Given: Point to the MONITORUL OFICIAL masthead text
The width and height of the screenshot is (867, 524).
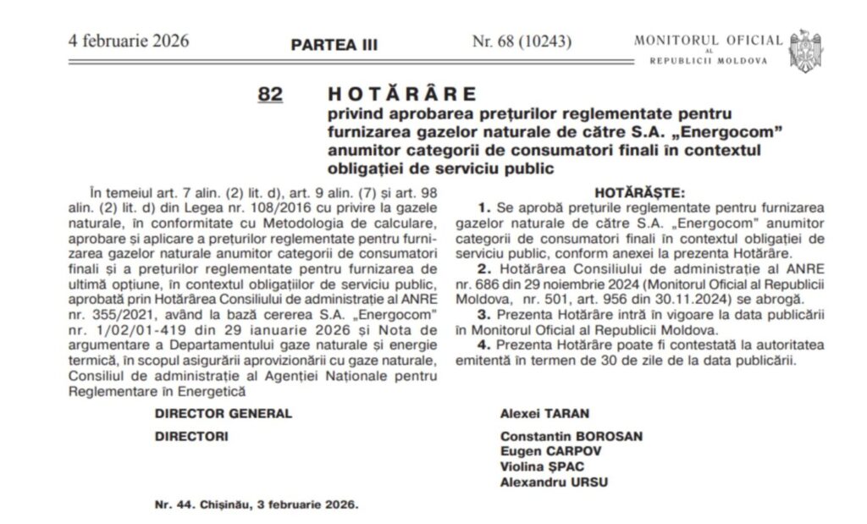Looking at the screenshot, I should (709, 40).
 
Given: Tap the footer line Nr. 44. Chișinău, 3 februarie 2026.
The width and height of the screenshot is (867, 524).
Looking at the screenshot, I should (257, 504).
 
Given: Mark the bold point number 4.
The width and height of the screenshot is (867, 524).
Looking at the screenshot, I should (482, 345).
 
